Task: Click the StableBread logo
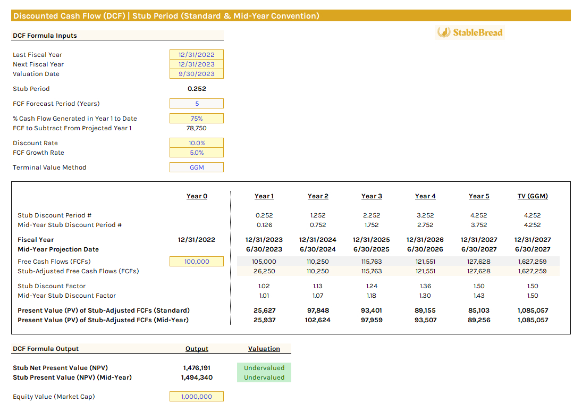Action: point(469,32)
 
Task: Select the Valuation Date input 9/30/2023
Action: point(197,74)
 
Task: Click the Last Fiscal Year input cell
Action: point(197,55)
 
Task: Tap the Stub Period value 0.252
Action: point(197,89)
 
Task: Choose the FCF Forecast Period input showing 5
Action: point(197,104)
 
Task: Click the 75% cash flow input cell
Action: point(197,119)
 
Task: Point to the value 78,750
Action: point(197,128)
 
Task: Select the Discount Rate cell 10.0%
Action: point(197,143)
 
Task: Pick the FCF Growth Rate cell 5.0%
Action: point(197,153)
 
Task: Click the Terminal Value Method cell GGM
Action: point(197,167)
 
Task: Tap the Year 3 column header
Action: point(372,196)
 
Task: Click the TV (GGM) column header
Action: point(533,196)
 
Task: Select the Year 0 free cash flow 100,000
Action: point(197,262)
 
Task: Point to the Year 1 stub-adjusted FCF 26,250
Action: point(264,271)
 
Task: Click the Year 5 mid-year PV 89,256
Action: point(479,320)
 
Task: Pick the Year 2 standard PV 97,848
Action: point(318,311)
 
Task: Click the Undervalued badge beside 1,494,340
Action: point(264,378)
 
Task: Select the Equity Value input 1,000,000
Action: point(197,397)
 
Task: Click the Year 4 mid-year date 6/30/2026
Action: point(425,249)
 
